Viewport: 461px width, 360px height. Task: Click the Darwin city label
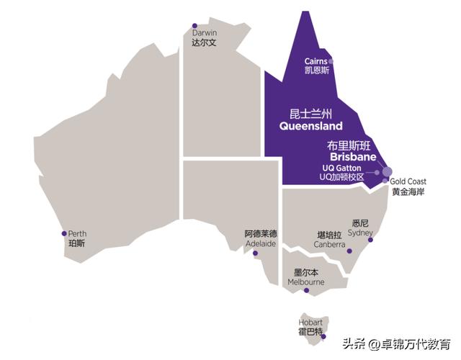pyautogui.click(x=205, y=33)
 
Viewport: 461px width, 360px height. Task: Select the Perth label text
pyautogui.click(x=77, y=234)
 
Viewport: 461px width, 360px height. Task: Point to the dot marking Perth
pyautogui.click(x=64, y=233)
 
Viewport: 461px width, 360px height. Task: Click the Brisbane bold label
pyautogui.click(x=353, y=156)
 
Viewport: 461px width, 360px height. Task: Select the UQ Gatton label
pyautogui.click(x=342, y=167)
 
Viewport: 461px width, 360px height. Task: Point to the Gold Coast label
pyautogui.click(x=409, y=182)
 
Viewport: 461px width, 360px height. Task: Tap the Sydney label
pyautogui.click(x=360, y=233)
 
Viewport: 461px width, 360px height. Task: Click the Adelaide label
pyautogui.click(x=261, y=243)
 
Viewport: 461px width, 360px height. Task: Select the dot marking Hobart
pyautogui.click(x=324, y=336)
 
